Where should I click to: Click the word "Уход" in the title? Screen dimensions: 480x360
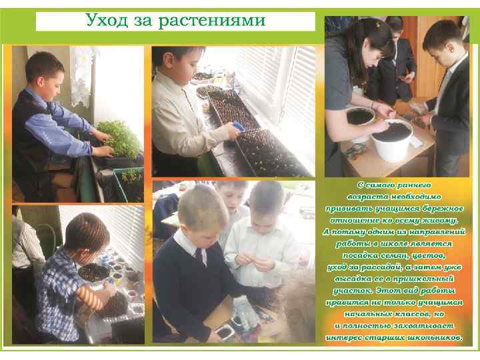pyautogui.click(x=106, y=21)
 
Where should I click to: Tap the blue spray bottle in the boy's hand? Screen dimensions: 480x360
pyautogui.click(x=239, y=126)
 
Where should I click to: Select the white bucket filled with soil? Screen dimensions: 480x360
pyautogui.click(x=392, y=139)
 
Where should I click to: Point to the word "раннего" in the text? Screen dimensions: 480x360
pyautogui.click(x=413, y=185)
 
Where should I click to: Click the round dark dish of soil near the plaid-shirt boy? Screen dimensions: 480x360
pyautogui.click(x=94, y=273)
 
